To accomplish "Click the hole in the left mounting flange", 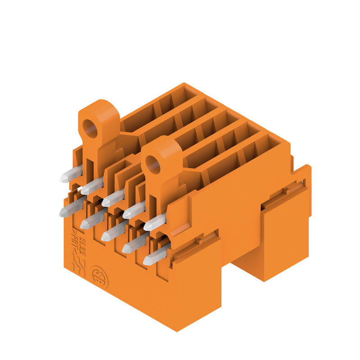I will coord(90,129).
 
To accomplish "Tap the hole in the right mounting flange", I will coord(153,165).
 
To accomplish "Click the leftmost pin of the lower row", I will coord(71,207).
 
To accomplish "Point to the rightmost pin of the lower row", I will coord(156,256).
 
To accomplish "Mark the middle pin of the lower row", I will coord(113,231).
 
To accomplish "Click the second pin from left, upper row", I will coord(92,185).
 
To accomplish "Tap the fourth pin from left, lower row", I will coord(135,243).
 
